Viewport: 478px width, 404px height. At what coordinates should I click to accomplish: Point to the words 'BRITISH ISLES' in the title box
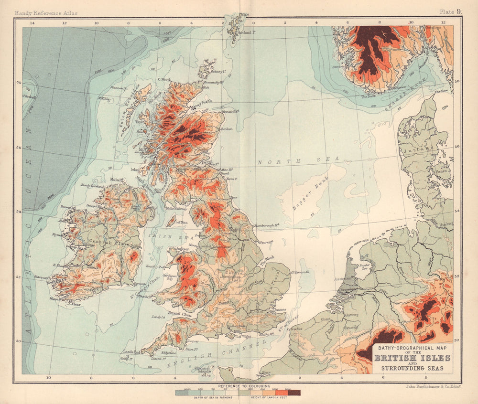pos(413,358)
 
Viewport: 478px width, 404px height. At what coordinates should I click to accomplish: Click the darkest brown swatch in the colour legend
pos(294,392)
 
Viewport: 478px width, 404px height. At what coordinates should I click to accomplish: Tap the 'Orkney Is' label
pos(217,72)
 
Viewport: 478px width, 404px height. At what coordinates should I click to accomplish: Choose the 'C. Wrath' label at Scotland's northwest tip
pos(164,80)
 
